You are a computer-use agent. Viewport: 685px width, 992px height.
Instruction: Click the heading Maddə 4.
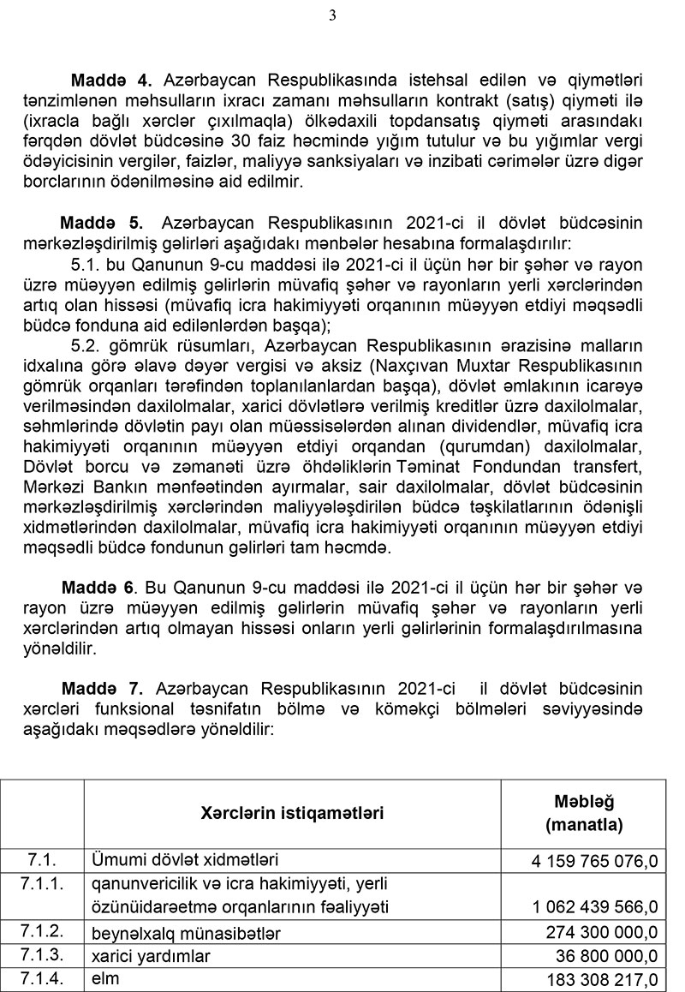[111, 81]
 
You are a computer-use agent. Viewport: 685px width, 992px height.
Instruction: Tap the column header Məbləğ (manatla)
[584, 813]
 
